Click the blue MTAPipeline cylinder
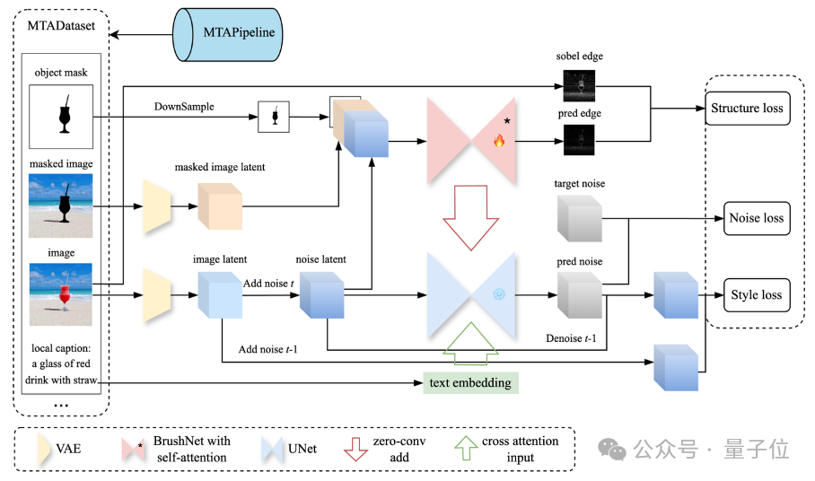[228, 34]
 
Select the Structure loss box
[747, 108]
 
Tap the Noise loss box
[757, 218]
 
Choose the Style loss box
[757, 295]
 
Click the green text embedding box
[470, 383]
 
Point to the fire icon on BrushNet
[499, 140]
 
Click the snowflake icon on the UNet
[499, 294]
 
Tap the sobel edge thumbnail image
[579, 86]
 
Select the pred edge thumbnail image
[579, 140]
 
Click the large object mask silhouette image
[61, 117]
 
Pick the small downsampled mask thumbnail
[274, 117]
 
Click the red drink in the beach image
[65, 297]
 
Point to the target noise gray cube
[580, 219]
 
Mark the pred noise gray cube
[580, 295]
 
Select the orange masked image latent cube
[220, 206]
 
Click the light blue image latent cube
[220, 295]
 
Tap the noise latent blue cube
[321, 295]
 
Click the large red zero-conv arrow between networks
[471, 218]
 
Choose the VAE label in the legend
[68, 449]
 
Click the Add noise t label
[268, 284]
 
